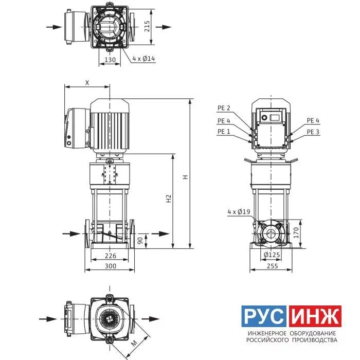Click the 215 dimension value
click(x=147, y=26)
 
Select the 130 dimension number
click(x=110, y=60)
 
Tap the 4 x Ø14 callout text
click(x=143, y=59)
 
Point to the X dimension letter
click(x=87, y=83)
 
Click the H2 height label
click(x=169, y=199)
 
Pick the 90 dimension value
click(x=140, y=240)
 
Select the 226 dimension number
click(x=111, y=256)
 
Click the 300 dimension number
click(x=111, y=266)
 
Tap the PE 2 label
click(x=224, y=108)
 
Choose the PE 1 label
click(x=224, y=132)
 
